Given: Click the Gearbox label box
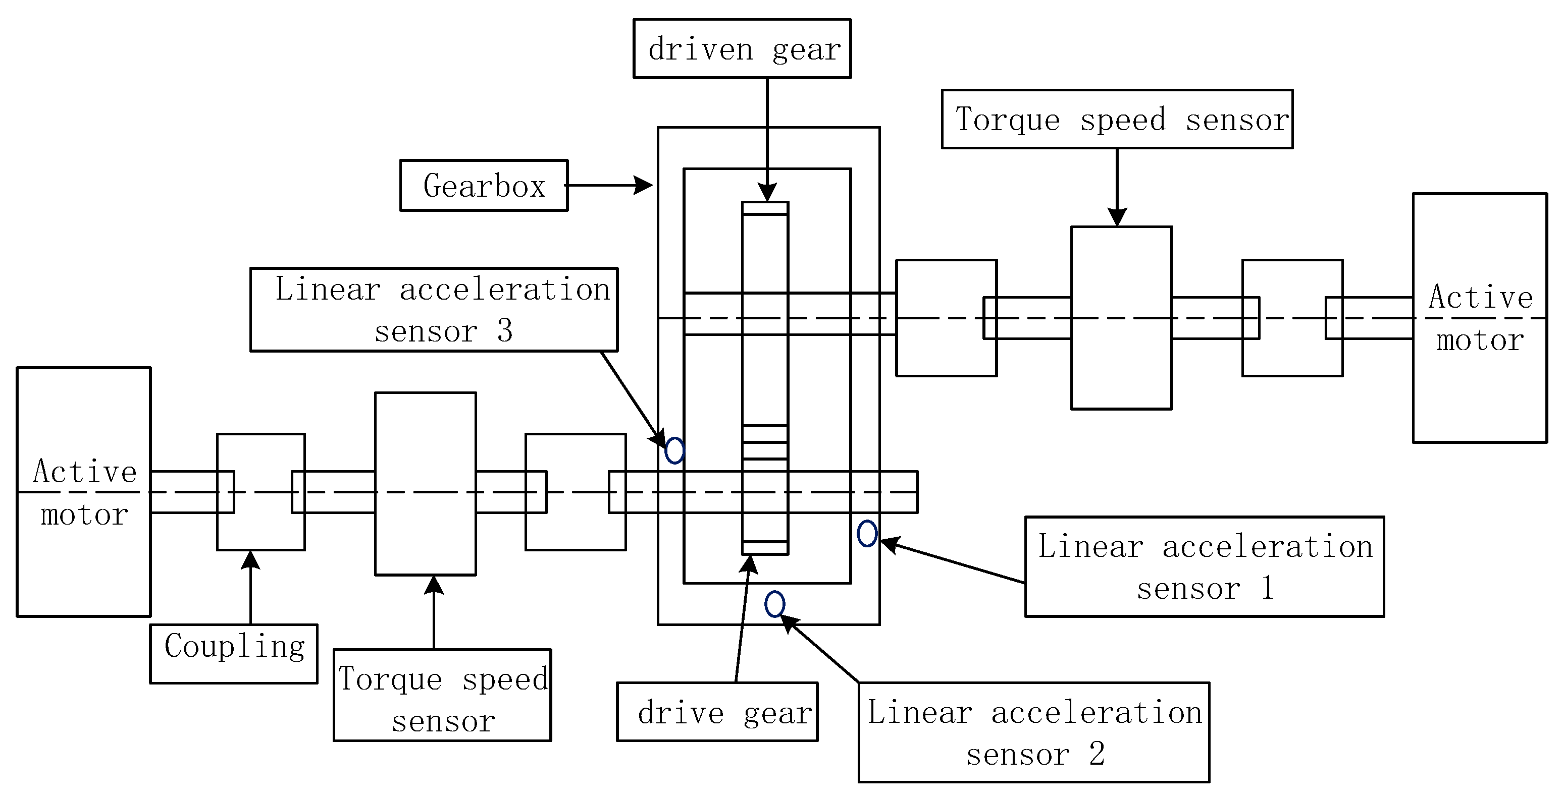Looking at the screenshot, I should tap(484, 186).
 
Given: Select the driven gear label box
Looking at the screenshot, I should tap(742, 48).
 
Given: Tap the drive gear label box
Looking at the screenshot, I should tap(717, 712).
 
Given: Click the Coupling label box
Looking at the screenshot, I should tap(234, 653).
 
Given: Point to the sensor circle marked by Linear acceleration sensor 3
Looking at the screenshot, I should tap(674, 451).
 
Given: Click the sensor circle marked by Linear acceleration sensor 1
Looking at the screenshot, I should tap(867, 533).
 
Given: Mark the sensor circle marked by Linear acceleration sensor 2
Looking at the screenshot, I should tap(775, 604).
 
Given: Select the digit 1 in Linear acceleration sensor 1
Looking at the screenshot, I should tap(1267, 588).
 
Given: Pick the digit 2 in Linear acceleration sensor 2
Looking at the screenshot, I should tap(1097, 754).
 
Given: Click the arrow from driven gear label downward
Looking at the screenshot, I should tap(767, 140).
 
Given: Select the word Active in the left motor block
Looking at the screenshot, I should tap(85, 472).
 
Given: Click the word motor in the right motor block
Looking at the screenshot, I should tap(1480, 340).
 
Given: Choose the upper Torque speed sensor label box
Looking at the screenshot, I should tap(1117, 119).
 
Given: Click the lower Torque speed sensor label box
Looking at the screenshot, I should tap(443, 695).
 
